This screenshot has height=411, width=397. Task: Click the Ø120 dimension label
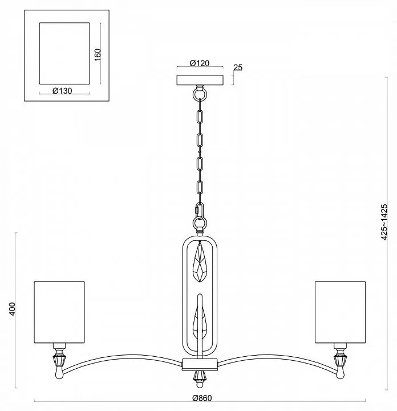click(200, 63)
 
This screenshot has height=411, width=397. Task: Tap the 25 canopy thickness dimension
click(238, 67)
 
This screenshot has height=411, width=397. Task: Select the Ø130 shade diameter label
click(62, 91)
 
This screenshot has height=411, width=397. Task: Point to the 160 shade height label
click(98, 55)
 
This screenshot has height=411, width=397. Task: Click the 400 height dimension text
click(13, 309)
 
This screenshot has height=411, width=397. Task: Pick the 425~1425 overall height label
click(384, 221)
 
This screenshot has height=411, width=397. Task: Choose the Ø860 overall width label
click(202, 398)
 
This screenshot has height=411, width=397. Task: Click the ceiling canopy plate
click(200, 80)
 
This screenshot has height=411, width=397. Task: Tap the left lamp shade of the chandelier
click(59, 312)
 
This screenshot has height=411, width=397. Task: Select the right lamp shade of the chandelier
click(340, 312)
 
